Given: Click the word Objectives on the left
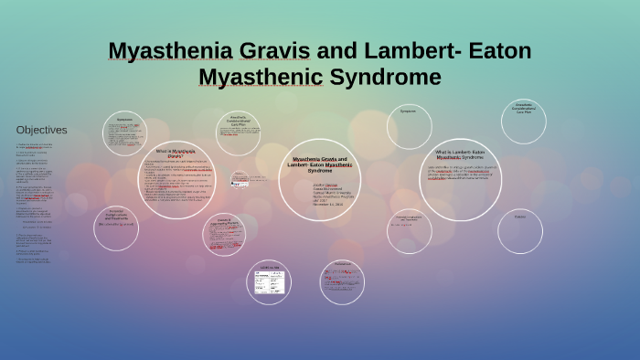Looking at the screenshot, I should [42, 130].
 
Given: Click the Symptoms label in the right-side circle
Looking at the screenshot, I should [408, 111].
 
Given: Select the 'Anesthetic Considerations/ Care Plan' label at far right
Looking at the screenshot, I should [523, 108].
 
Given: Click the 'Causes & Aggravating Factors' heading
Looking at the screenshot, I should [223, 221].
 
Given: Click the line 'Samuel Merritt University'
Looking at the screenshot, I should [326, 193].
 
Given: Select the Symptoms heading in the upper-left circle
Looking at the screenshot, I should [124, 120].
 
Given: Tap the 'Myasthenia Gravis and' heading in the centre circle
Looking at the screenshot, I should [320, 159].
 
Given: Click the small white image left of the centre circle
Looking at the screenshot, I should [240, 181].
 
